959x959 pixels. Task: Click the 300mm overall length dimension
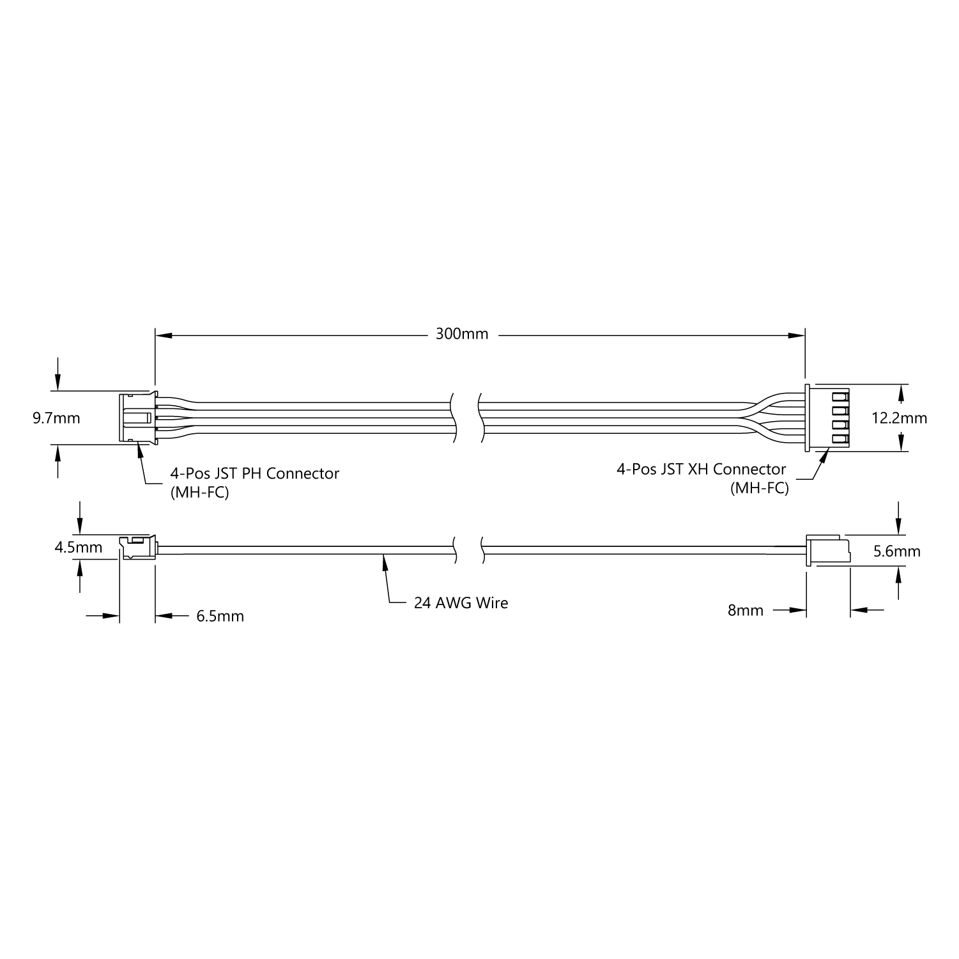462,334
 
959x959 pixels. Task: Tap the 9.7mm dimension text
57,418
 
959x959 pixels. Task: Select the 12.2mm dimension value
900,418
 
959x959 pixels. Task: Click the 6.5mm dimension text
220,617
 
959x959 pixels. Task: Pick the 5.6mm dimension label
897,551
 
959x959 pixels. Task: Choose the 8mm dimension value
746,611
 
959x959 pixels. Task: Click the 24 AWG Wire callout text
461,603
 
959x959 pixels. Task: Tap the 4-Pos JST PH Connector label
254,473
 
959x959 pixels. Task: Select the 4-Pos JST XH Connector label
701,469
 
